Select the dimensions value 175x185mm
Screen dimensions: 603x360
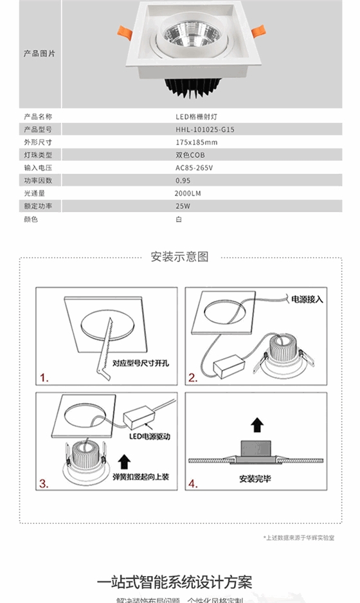[196, 142]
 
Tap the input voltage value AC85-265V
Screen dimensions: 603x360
[194, 168]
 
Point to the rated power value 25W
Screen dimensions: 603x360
[183, 206]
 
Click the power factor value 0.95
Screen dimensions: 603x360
[183, 180]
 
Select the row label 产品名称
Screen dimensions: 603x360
[38, 117]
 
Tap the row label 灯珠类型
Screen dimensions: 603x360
[38, 155]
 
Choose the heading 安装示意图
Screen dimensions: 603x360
[179, 257]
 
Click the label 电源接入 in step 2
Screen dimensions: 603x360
[307, 300]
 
